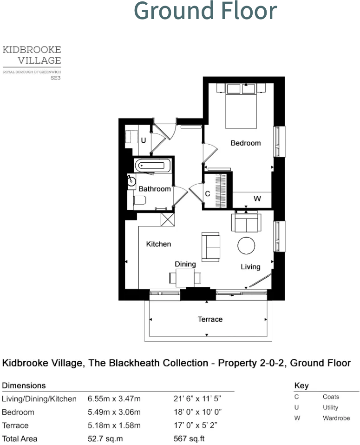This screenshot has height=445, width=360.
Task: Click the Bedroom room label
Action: coord(246,143)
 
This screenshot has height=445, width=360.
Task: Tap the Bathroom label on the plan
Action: coord(155,189)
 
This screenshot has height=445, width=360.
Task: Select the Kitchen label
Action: coord(158,244)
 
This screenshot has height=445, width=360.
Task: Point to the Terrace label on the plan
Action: coord(210,319)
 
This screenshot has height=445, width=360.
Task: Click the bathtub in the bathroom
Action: coord(152,166)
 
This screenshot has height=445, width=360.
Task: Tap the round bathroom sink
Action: coord(132,181)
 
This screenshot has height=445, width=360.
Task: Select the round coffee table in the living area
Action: coord(246,246)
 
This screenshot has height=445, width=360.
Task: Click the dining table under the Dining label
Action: coord(185,278)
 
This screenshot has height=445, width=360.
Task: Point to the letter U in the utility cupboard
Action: coord(144,140)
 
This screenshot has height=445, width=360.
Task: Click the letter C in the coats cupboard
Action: coord(208,193)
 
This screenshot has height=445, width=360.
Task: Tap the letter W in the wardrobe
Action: coord(257,199)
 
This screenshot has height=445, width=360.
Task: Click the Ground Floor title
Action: coord(205,11)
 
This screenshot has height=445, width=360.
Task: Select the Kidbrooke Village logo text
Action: coord(32,55)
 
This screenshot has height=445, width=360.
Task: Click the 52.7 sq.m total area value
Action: coord(105,438)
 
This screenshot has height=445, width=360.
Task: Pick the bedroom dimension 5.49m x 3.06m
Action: coord(114,412)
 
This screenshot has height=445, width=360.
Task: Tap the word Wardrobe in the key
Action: coord(336,418)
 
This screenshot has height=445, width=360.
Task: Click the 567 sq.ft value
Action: coord(189,438)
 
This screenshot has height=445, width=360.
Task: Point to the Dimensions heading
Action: coord(24,385)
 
